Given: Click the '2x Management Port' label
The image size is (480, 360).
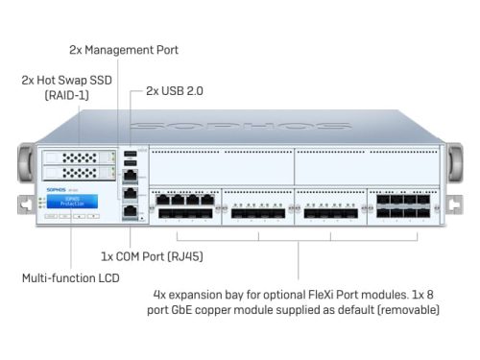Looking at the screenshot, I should point(124,49).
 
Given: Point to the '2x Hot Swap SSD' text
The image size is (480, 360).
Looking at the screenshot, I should point(67,81).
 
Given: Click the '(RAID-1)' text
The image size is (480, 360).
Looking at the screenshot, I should point(67,95).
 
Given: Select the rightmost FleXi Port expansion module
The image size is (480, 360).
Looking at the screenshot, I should point(401,205).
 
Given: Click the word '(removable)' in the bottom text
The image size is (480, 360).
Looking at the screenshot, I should point(406,310).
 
